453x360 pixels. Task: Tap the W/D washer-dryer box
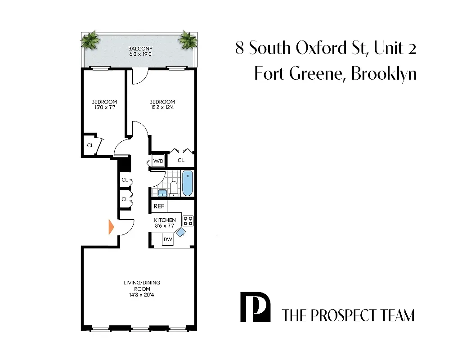[158, 160]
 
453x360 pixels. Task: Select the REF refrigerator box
[159, 207]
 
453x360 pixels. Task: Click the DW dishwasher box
[168, 239]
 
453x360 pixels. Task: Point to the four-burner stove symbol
[188, 220]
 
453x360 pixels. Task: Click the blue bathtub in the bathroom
[187, 183]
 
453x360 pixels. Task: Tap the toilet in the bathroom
[174, 188]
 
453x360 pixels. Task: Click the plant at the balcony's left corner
[91, 40]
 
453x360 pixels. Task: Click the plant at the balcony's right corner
[187, 40]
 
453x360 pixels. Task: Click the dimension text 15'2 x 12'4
[162, 108]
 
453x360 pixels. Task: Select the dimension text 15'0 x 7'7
[104, 108]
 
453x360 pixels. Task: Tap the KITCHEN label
[165, 220]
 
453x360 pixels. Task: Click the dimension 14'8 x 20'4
[142, 295]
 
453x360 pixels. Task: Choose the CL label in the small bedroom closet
[90, 145]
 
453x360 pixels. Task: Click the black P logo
[255, 307]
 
